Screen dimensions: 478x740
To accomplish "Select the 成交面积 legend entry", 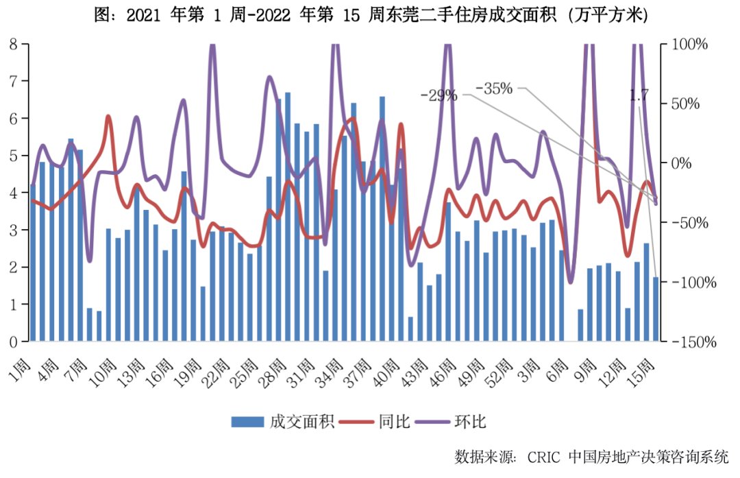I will click(x=282, y=421).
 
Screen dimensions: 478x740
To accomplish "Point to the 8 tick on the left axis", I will click(x=13, y=44).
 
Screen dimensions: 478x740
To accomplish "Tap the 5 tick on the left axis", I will click(x=13, y=156).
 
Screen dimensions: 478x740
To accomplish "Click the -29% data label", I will click(x=439, y=95).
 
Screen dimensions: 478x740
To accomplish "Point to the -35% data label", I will click(x=494, y=88).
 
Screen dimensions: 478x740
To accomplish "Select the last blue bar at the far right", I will click(x=656, y=309).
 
